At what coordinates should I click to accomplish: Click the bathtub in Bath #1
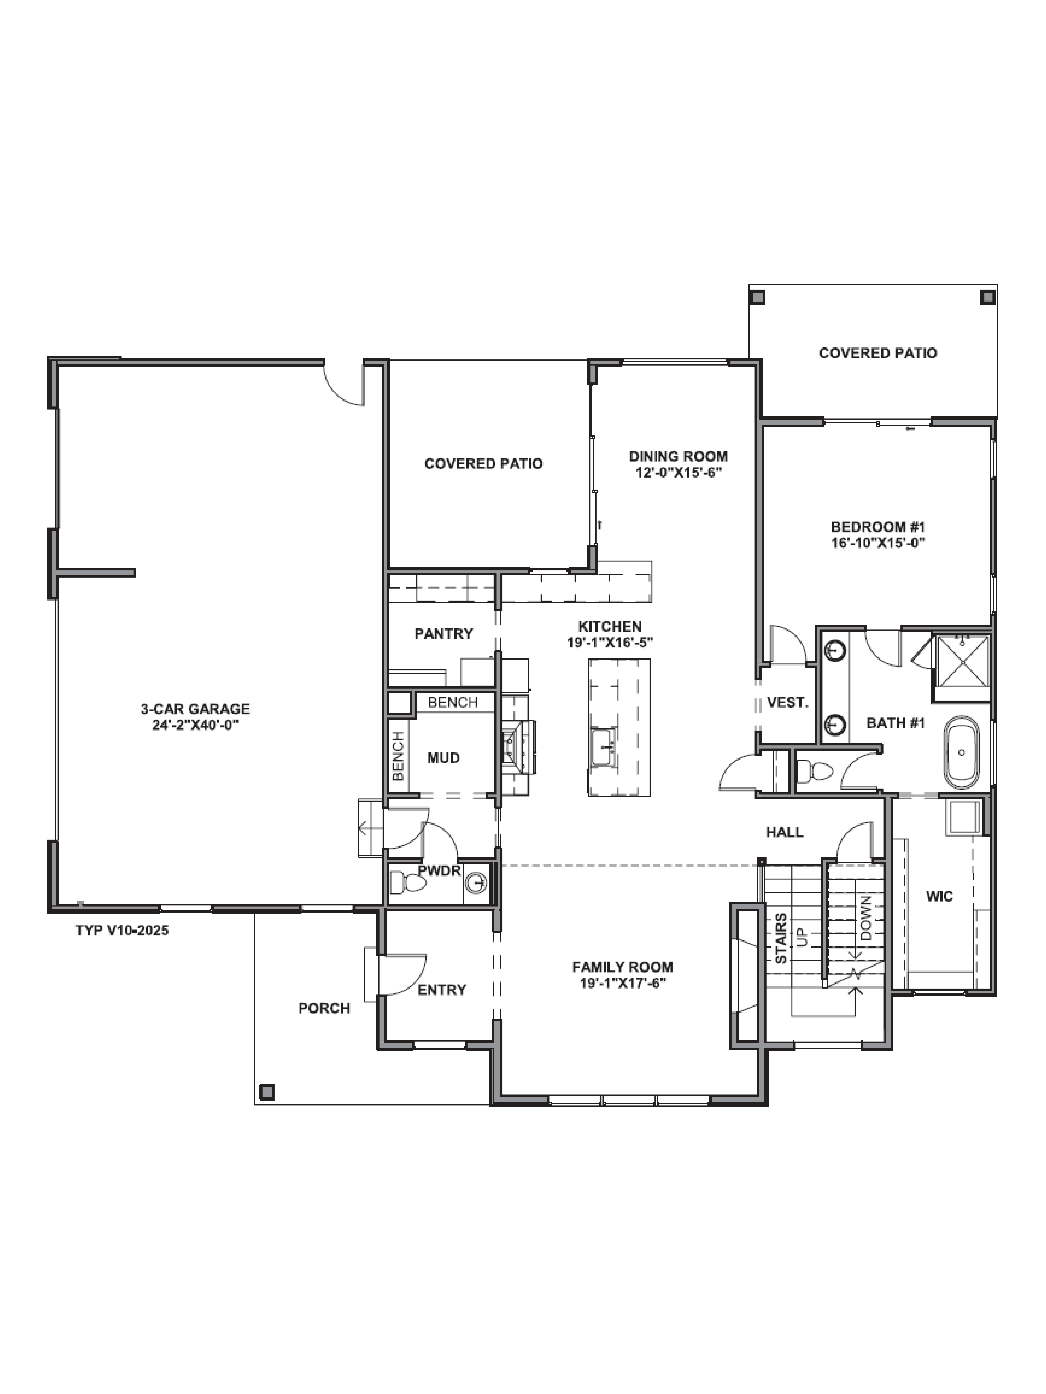(x=961, y=752)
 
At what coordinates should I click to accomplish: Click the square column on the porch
(x=267, y=1092)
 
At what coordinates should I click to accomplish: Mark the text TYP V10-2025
(x=122, y=930)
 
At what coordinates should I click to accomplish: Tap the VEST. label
(x=787, y=702)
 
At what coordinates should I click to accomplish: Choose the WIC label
(x=939, y=896)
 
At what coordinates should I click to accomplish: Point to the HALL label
(x=784, y=832)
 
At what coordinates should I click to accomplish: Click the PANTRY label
(x=443, y=633)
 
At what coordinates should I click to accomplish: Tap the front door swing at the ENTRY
(x=404, y=974)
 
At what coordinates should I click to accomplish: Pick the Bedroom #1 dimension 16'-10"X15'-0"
(x=877, y=543)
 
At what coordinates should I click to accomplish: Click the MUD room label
(x=443, y=758)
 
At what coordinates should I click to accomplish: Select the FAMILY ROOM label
(x=622, y=967)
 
